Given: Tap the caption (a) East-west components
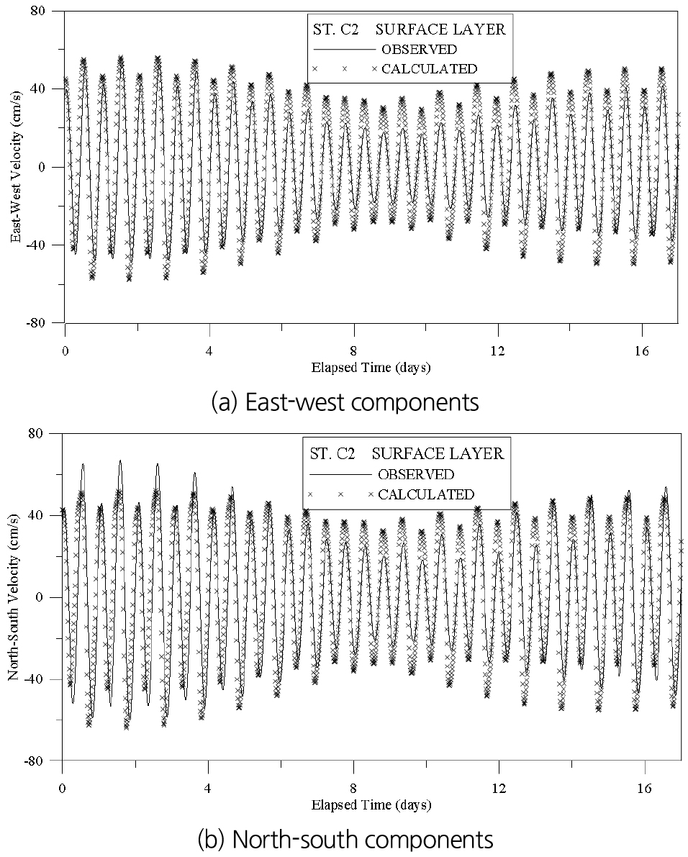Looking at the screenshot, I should point(343,402).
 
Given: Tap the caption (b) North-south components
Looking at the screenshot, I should point(343,839).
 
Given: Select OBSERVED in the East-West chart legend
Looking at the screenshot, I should point(419,50).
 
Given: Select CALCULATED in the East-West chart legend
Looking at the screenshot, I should point(429,69).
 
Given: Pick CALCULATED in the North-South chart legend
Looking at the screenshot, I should point(426,494).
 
